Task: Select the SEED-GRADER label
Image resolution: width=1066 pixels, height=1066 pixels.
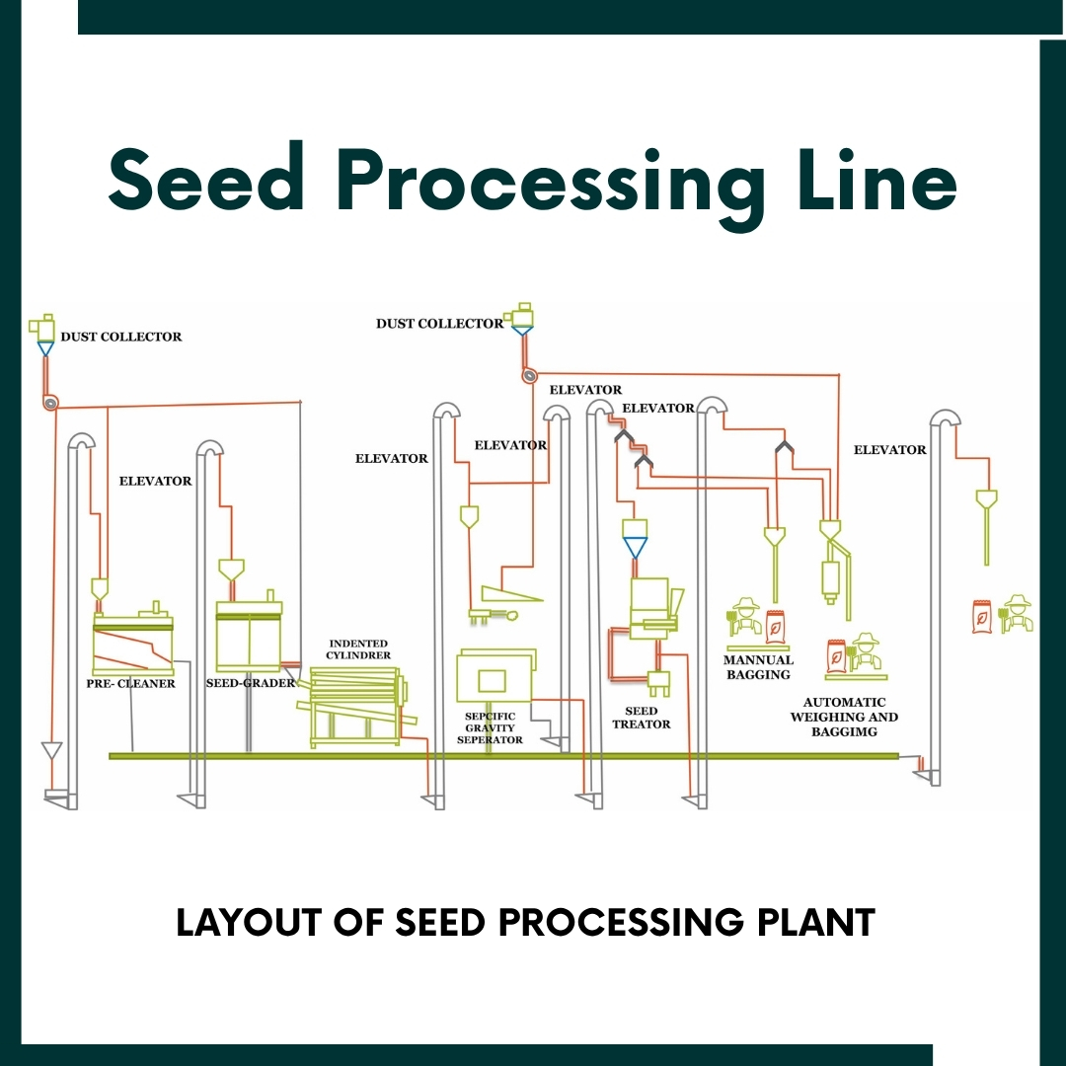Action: click(x=250, y=683)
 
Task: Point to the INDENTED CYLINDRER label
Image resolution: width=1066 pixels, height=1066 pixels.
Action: click(x=358, y=648)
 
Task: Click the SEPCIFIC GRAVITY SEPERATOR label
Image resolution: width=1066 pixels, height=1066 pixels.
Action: click(x=490, y=727)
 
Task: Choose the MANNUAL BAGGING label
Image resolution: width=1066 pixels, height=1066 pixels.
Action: click(x=758, y=667)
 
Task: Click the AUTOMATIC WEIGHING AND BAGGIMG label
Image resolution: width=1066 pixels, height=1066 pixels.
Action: click(x=844, y=717)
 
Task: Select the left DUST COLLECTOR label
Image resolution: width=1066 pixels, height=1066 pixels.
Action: click(x=121, y=337)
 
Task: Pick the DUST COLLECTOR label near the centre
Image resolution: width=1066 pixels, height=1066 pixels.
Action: click(x=439, y=324)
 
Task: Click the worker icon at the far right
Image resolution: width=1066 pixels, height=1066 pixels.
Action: click(x=1016, y=614)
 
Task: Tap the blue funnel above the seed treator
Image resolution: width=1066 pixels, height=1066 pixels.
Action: click(x=635, y=545)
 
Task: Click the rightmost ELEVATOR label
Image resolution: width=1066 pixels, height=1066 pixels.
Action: click(x=889, y=450)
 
